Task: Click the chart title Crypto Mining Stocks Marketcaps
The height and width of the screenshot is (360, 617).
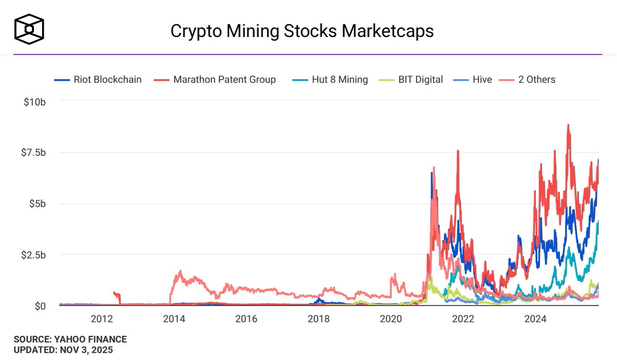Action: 302,31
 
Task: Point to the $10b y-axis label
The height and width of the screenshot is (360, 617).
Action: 35,101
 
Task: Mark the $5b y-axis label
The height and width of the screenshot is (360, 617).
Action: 37,204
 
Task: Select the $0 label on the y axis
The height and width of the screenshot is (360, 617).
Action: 40,306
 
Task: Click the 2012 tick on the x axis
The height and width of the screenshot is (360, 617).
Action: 102,318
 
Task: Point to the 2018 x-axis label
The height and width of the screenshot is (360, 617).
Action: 318,318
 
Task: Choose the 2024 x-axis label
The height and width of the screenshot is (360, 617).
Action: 535,318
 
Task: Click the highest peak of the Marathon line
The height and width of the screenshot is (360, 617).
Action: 568,124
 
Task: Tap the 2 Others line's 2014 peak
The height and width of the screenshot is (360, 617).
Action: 180,271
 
